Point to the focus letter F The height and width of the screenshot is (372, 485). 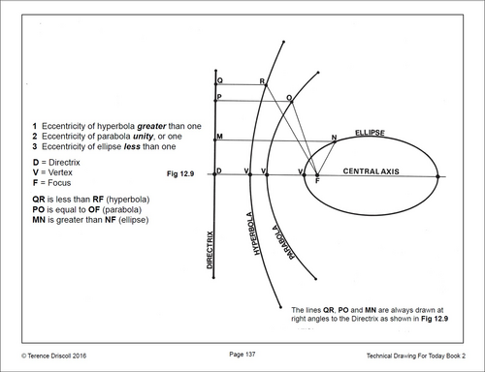[317, 181]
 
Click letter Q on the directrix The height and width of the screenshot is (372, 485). [220, 80]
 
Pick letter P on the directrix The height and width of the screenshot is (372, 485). [219, 97]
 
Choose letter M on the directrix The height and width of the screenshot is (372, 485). [219, 137]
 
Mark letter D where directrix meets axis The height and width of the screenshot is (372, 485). [219, 170]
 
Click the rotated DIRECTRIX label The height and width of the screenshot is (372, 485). [210, 250]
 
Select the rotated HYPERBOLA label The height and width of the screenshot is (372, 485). [253, 233]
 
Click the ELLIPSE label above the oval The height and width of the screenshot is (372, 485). [370, 133]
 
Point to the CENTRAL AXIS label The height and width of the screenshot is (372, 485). [371, 171]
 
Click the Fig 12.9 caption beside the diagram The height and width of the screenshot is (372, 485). [180, 174]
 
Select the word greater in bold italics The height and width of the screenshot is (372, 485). [151, 126]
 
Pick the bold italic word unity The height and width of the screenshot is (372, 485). [143, 137]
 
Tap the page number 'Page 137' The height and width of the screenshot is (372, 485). [242, 355]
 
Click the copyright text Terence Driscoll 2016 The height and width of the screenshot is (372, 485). [54, 356]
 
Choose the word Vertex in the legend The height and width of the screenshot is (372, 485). [60, 172]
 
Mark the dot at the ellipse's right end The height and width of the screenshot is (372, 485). [437, 176]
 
